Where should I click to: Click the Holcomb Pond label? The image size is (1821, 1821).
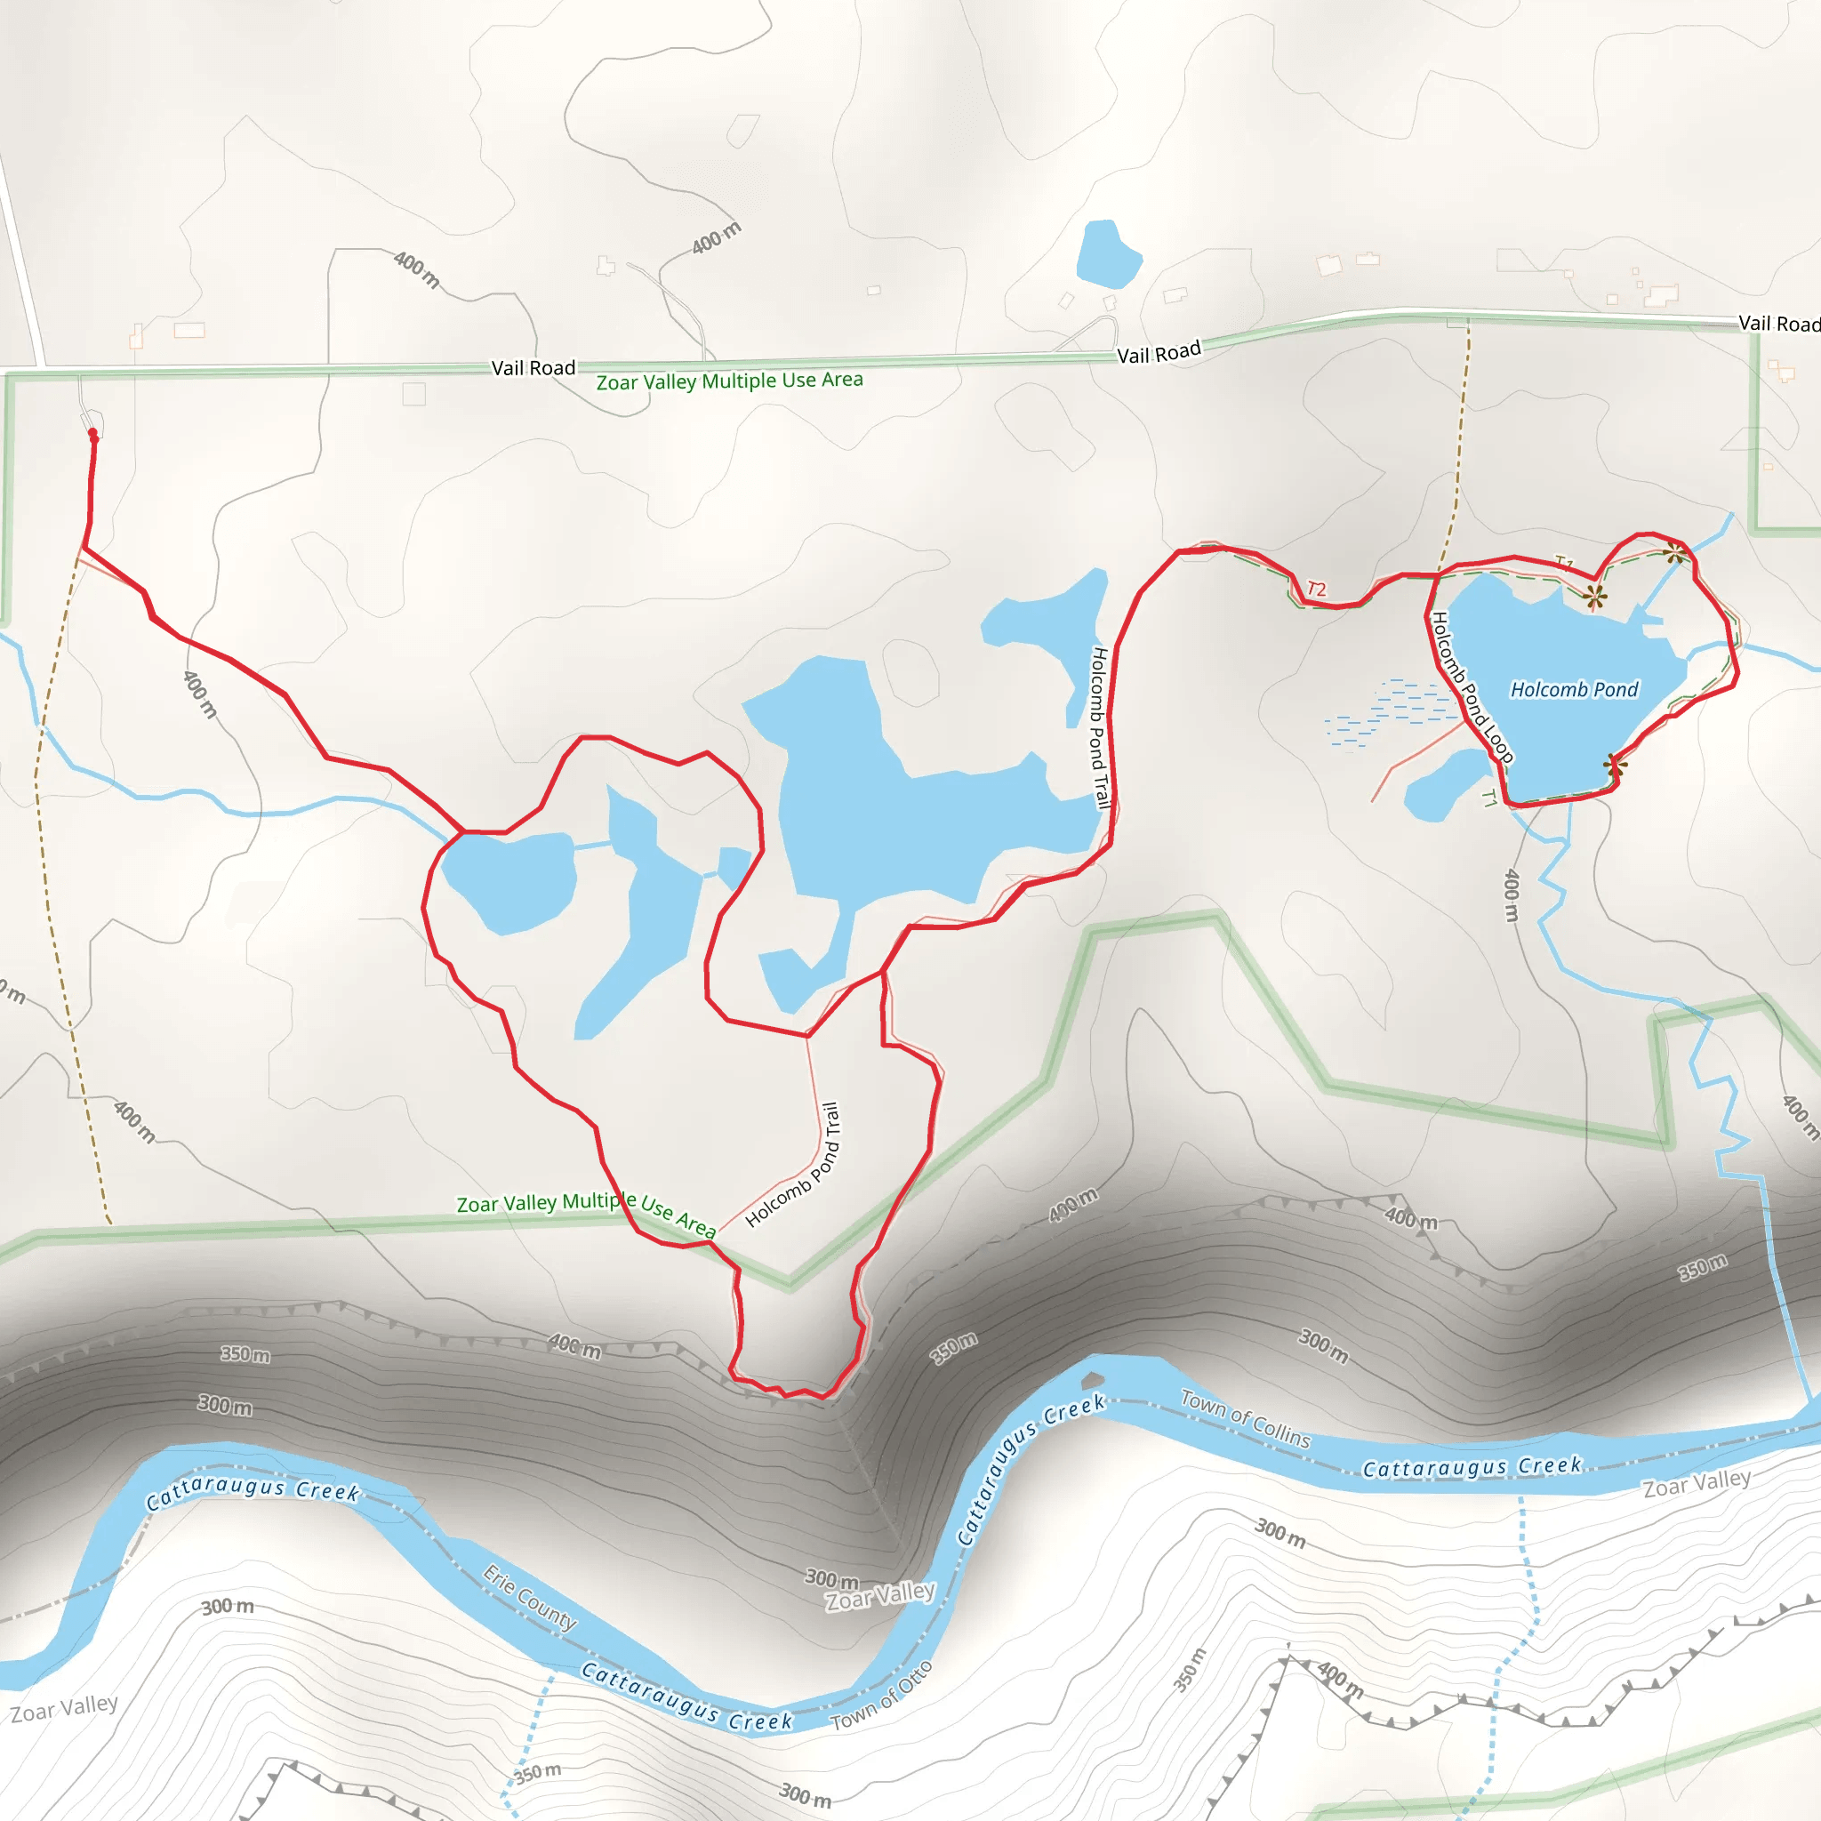[x=1574, y=690]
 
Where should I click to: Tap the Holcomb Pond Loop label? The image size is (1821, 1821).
[x=1472, y=687]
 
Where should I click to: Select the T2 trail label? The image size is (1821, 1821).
[x=1317, y=590]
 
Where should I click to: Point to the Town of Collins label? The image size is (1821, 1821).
[x=1245, y=1418]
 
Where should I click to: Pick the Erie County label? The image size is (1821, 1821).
[x=530, y=1597]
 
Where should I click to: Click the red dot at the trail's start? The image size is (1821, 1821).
[x=93, y=434]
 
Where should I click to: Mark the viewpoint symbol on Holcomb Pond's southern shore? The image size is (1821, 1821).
[x=1615, y=765]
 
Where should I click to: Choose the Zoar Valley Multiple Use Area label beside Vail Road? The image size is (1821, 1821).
[x=729, y=381]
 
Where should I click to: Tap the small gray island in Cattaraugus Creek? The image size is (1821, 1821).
[x=1093, y=1381]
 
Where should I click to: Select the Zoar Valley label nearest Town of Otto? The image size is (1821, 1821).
[x=879, y=1596]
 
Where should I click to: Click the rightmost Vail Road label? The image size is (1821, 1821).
[x=1777, y=324]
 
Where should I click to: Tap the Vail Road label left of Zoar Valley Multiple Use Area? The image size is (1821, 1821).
[x=533, y=367]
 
